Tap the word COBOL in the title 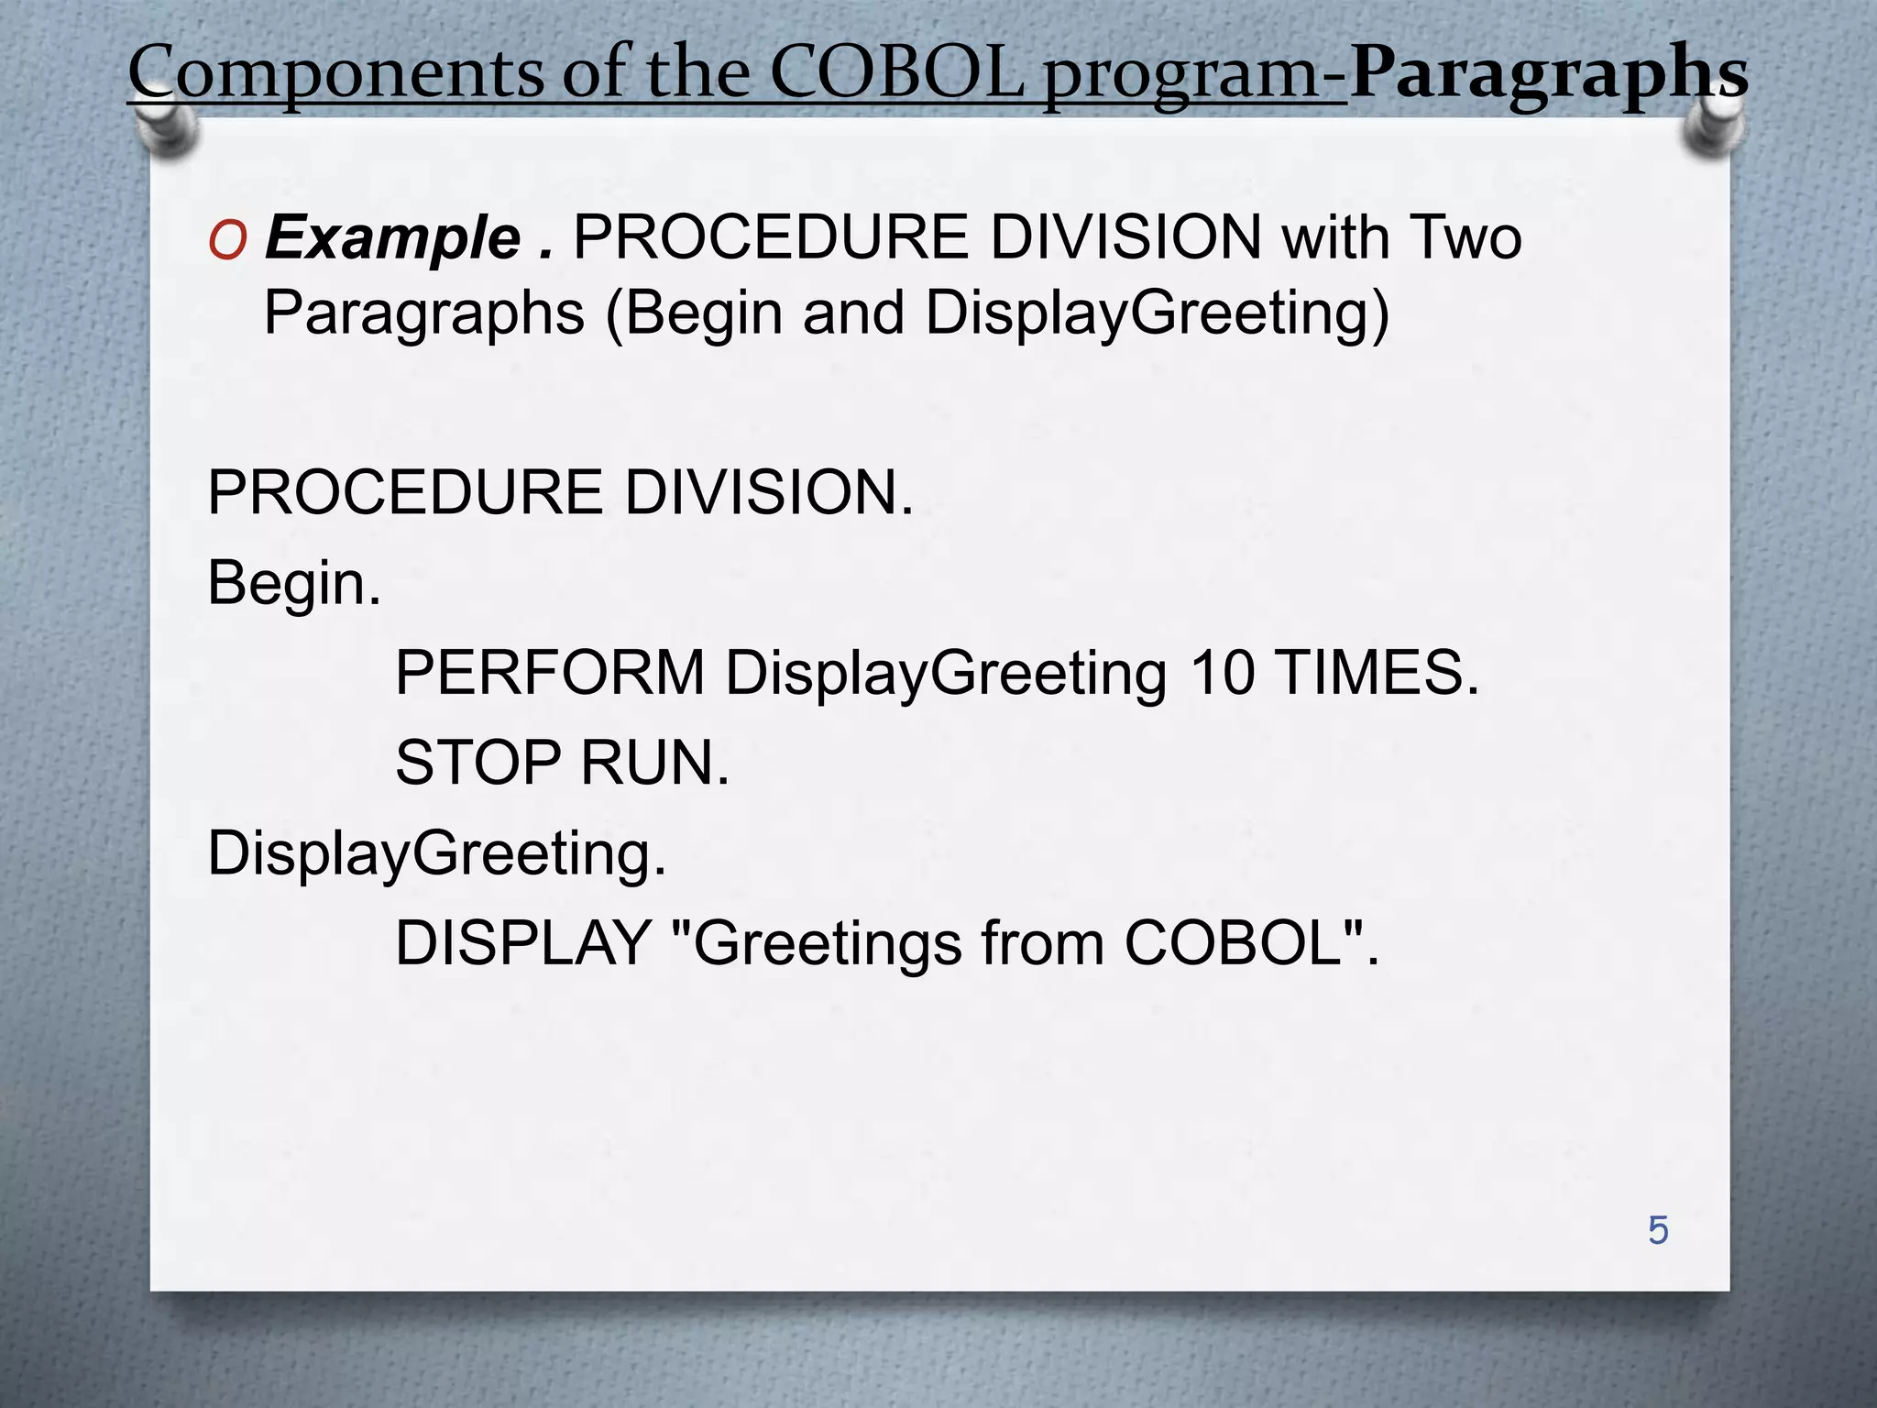point(896,73)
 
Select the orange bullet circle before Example point(227,241)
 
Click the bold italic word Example point(393,238)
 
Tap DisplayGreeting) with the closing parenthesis point(1157,313)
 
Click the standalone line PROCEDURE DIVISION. point(560,492)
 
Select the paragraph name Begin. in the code point(293,583)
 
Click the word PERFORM point(550,673)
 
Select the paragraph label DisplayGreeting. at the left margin point(436,853)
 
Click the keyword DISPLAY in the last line point(522,943)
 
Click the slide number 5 point(1658,1230)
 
